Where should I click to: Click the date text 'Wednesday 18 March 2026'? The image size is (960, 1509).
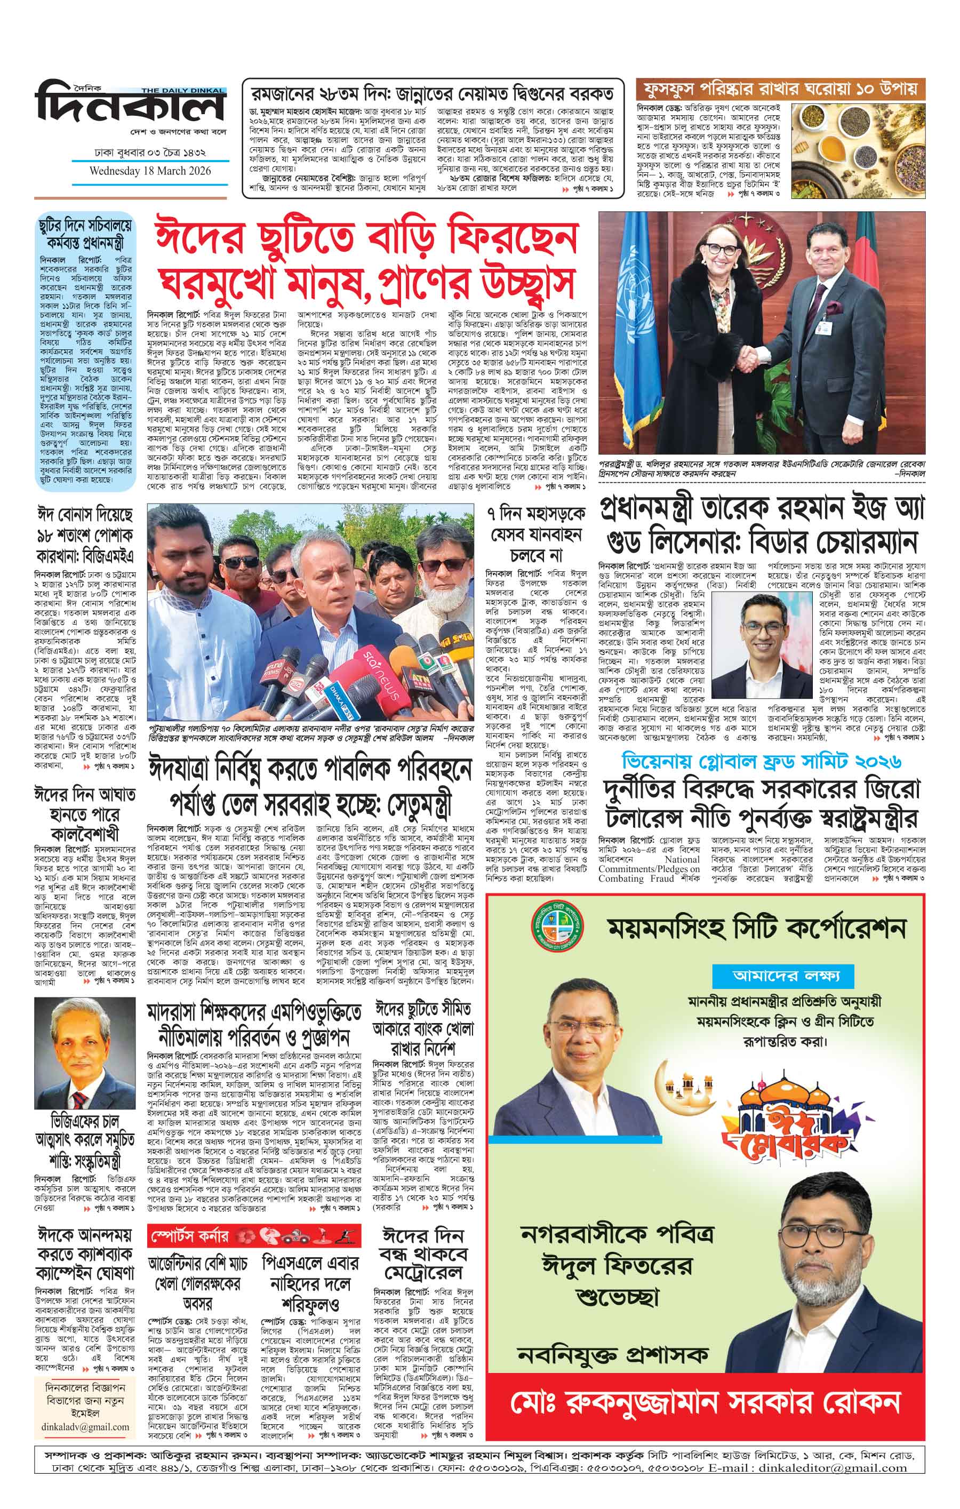pyautogui.click(x=150, y=171)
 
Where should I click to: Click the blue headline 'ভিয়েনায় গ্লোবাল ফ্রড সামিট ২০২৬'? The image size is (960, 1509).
pyautogui.click(x=762, y=761)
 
